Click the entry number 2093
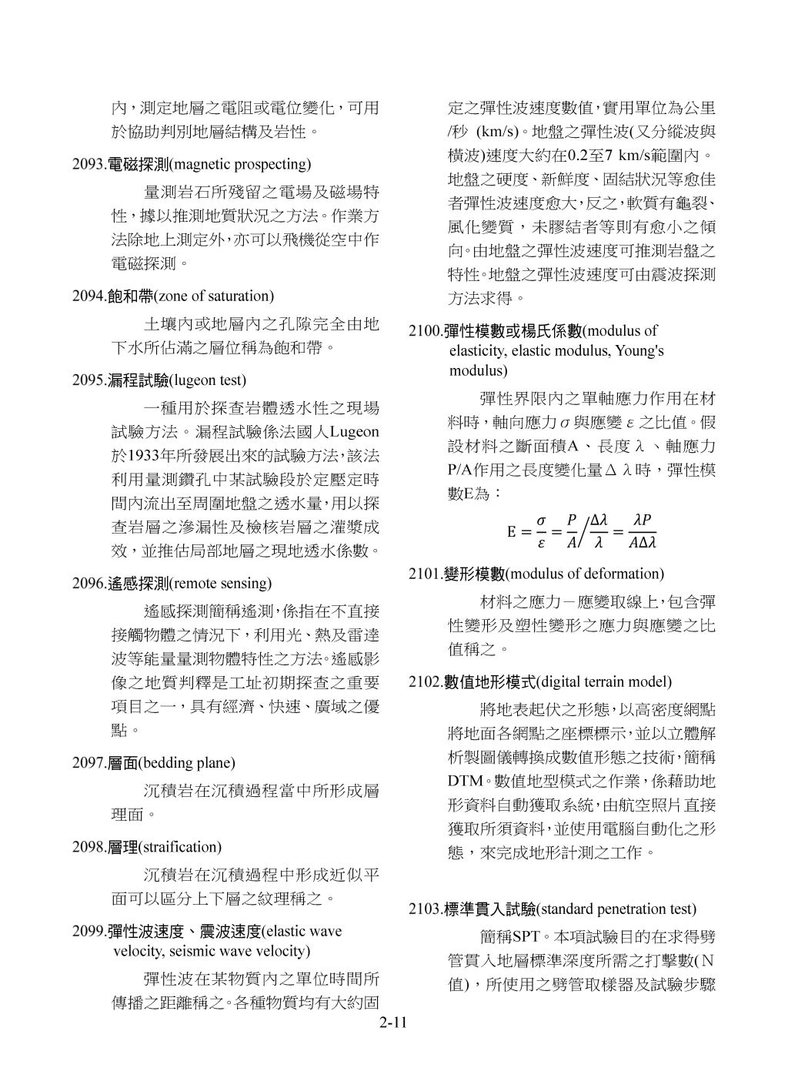pyautogui.click(x=87, y=164)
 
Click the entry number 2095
pyautogui.click(x=87, y=380)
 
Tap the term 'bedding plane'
pyautogui.click(x=187, y=763)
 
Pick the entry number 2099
pyautogui.click(x=87, y=932)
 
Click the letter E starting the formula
pyautogui.click(x=511, y=531)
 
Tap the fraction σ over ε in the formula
pyautogui.click(x=542, y=531)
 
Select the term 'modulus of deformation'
pyautogui.click(x=586, y=574)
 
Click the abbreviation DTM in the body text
pyautogui.click(x=465, y=781)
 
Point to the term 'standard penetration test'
pyautogui.click(x=618, y=909)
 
